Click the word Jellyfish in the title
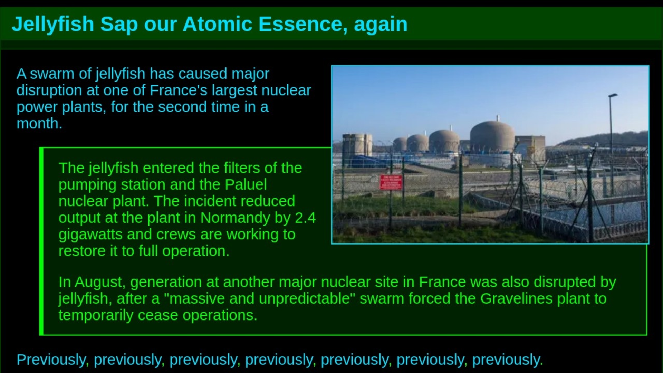pos(53,25)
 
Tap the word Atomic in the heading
pos(218,24)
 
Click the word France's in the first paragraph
pos(179,90)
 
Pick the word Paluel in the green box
pos(246,184)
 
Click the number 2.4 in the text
pos(305,218)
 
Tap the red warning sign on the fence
pos(391,182)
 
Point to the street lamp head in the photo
pos(613,95)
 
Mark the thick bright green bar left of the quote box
pos(41,241)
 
